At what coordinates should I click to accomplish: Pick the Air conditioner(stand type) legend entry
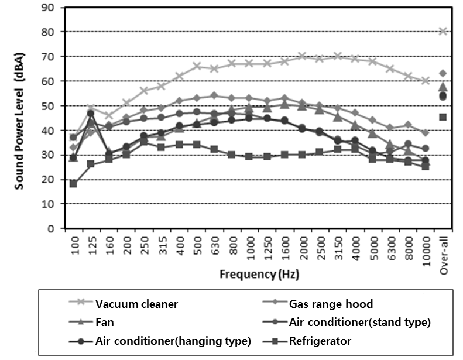(x=359, y=322)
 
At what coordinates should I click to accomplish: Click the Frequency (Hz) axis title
(x=253, y=274)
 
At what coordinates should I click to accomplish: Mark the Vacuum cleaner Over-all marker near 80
(x=443, y=31)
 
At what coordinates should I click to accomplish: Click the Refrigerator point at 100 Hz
(x=73, y=184)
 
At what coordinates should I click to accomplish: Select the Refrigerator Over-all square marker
(x=443, y=117)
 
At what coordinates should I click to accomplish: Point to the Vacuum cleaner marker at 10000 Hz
(x=426, y=81)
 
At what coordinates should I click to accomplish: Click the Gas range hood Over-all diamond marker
(x=443, y=73)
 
